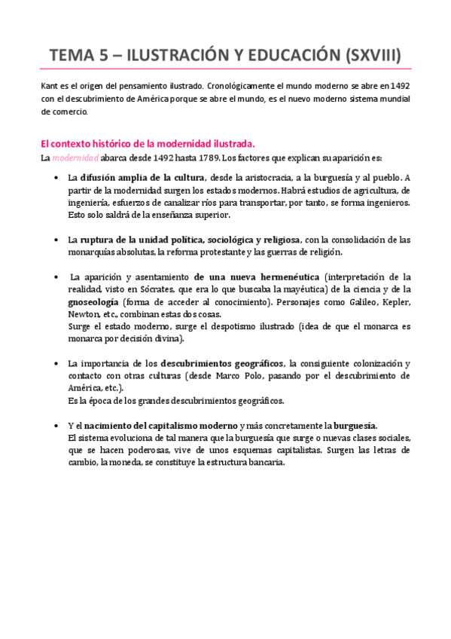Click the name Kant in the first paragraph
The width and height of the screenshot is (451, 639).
pos(49,86)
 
